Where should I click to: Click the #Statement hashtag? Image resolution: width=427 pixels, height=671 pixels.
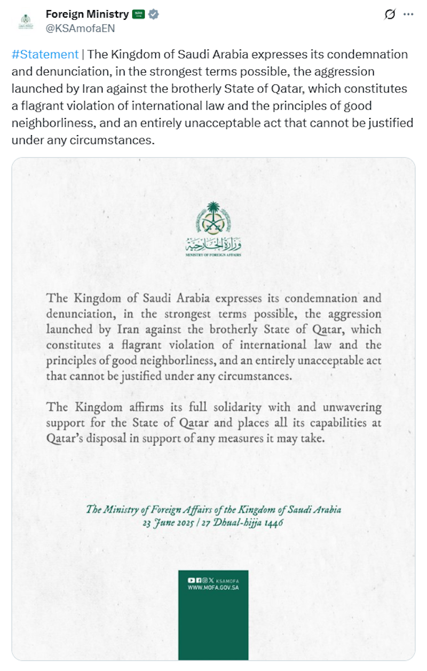tap(45, 54)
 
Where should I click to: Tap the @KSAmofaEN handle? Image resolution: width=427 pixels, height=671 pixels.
tap(80, 29)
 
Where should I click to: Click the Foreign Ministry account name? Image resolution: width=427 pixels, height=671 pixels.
tap(87, 14)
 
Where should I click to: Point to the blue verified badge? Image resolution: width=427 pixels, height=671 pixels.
tap(154, 14)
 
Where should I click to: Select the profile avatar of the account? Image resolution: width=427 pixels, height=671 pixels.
tap(26, 21)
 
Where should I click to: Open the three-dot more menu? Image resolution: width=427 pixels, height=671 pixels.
tap(408, 14)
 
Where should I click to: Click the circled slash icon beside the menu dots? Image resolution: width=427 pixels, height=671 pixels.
tap(390, 14)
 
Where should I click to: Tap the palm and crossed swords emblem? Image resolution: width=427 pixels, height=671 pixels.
tap(213, 219)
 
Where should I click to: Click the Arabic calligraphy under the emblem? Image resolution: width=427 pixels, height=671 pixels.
tap(213, 246)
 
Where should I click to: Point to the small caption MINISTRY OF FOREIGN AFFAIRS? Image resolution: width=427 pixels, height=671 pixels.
tap(213, 256)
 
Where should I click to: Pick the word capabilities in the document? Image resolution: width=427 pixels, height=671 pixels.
tap(336, 423)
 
